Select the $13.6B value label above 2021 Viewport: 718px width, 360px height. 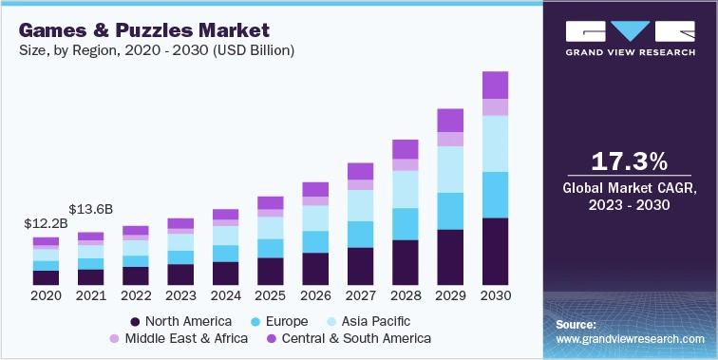(x=90, y=209)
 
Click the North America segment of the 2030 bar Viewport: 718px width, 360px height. (x=495, y=252)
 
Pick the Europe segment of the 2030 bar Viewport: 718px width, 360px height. (x=495, y=195)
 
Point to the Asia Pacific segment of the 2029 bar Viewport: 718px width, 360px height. (x=450, y=169)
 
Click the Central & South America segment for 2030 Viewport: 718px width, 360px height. (x=495, y=85)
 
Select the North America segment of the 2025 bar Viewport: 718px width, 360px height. (x=271, y=272)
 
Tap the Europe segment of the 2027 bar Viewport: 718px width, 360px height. (x=360, y=234)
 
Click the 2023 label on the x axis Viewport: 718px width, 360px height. (x=180, y=296)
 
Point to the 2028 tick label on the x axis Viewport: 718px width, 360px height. (x=406, y=296)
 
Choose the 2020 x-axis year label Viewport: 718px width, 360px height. (x=46, y=296)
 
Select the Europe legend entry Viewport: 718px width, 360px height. (x=280, y=321)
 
